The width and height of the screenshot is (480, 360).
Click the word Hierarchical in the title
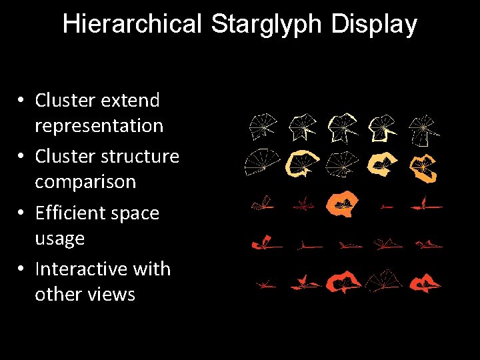[132, 25]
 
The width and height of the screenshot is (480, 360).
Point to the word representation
[99, 125]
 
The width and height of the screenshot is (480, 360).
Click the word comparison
[85, 181]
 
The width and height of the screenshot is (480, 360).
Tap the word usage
[59, 238]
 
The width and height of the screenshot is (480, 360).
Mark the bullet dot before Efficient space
[22, 213]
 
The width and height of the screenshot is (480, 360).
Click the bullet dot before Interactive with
[22, 269]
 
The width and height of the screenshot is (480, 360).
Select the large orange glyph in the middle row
[343, 205]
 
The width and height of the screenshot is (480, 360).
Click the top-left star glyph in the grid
[263, 126]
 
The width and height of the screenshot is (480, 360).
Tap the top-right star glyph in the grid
[423, 129]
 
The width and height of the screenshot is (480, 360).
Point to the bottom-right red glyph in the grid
[425, 285]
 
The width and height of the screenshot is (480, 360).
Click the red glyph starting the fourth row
[265, 245]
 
